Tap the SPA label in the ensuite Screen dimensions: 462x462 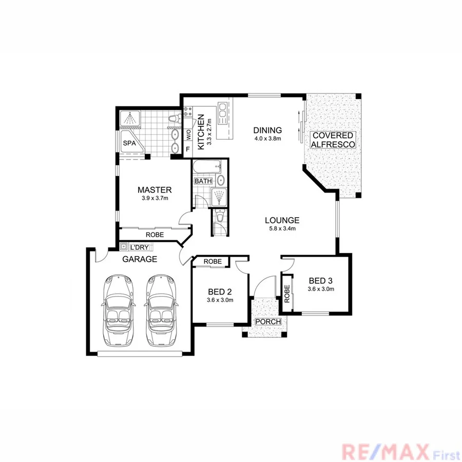point(129,144)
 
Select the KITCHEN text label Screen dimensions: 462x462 point(201,131)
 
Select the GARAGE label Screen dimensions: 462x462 point(140,259)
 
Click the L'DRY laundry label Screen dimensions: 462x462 point(139,247)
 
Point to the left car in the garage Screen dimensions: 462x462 point(119,311)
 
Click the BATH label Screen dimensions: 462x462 point(203,181)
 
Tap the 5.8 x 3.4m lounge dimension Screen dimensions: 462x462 point(280,228)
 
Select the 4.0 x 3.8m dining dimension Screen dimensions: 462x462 point(267,138)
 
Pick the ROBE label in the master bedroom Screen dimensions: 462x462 point(155,235)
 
